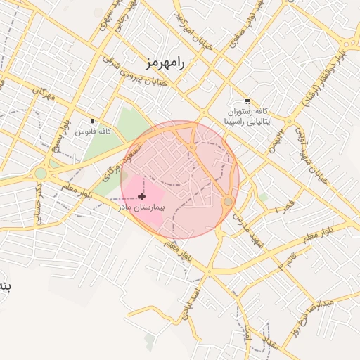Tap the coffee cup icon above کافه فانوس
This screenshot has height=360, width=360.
94,122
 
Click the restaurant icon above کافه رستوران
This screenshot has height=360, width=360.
245,101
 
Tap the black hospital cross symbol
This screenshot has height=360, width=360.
143,196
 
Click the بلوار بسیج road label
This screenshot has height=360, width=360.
63,134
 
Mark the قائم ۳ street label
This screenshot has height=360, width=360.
285,263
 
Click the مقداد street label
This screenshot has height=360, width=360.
270,345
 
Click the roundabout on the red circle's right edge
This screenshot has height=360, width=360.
228,202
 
